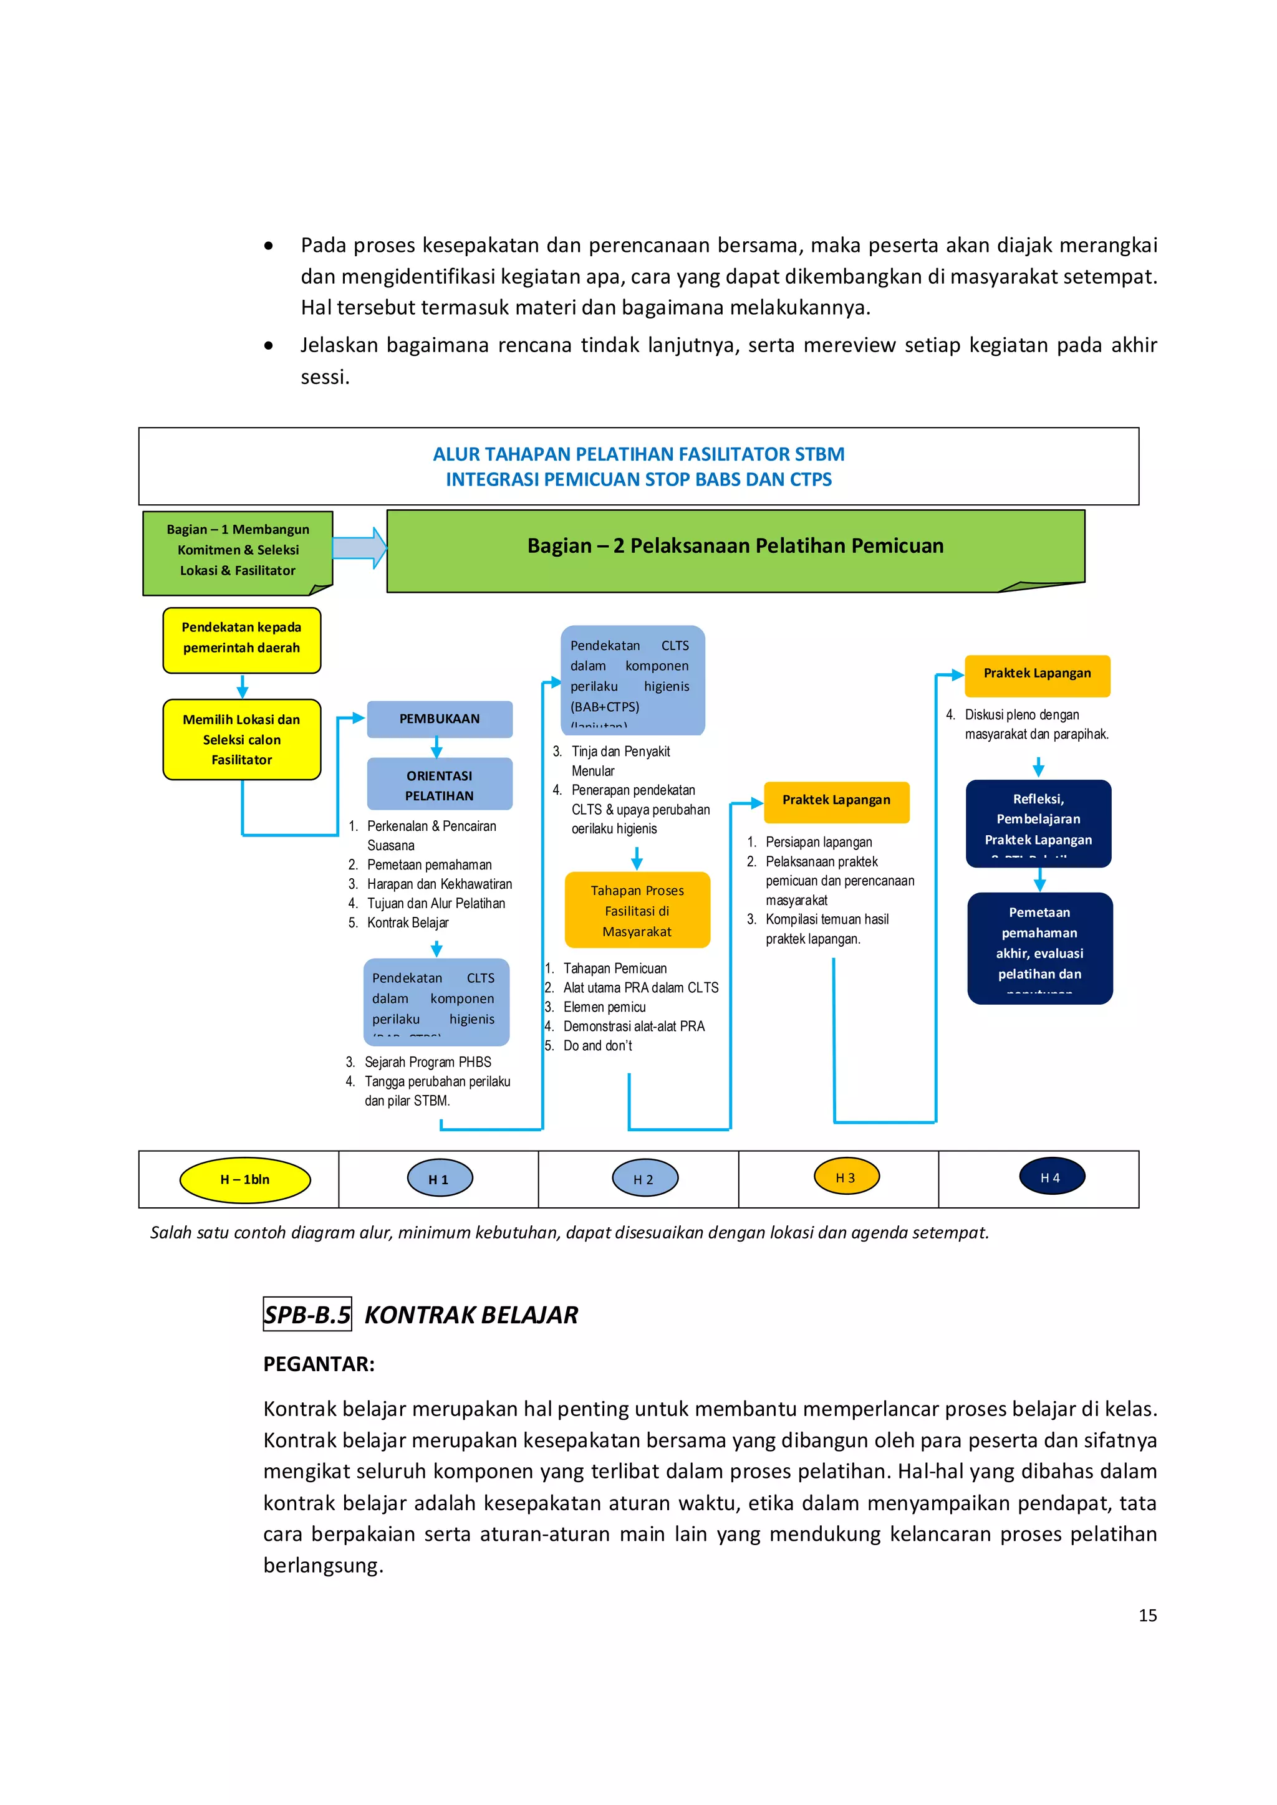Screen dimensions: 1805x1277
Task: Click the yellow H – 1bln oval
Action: [245, 1179]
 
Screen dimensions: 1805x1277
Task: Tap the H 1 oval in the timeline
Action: [440, 1179]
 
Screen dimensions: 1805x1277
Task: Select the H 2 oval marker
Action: [644, 1179]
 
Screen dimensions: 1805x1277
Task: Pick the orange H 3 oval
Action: [846, 1177]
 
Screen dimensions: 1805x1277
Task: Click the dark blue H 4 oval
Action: [1051, 1177]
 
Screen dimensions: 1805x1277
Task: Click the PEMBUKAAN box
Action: [440, 719]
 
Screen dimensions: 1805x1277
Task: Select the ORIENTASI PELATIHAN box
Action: [440, 785]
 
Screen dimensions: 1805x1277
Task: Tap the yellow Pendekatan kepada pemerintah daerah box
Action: [241, 638]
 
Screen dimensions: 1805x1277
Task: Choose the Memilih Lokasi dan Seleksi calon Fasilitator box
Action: [241, 739]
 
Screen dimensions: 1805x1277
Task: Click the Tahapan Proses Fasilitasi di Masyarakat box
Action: [637, 911]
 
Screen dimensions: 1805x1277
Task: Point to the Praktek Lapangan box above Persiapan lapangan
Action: [836, 800]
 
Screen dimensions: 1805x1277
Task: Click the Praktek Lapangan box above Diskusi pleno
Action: [1037, 674]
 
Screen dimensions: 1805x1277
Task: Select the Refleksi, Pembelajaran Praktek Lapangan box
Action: [1038, 821]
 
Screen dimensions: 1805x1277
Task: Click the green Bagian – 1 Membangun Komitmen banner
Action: [238, 550]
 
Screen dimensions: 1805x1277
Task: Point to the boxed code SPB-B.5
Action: [307, 1314]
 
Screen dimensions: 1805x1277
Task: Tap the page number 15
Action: [1147, 1616]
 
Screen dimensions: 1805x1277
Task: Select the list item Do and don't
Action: [597, 1046]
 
